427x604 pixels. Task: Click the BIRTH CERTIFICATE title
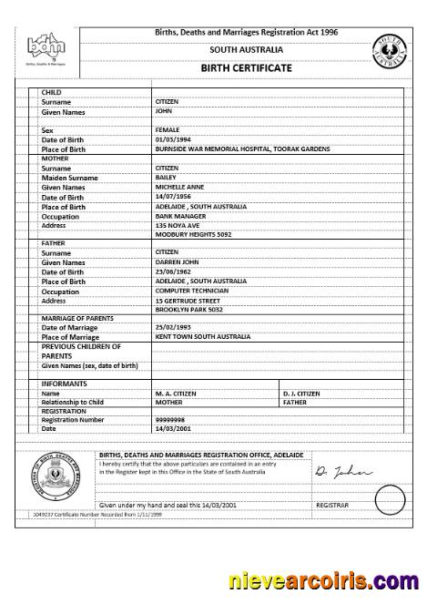click(x=246, y=67)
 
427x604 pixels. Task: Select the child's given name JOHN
click(x=164, y=111)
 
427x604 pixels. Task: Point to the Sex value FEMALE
click(x=168, y=130)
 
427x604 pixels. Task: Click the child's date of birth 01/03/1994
click(x=173, y=139)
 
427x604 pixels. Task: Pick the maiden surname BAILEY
click(x=167, y=177)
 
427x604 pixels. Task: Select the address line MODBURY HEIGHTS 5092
click(x=192, y=234)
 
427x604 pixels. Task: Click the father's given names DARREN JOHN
click(x=178, y=261)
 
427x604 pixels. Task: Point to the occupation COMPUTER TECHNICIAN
click(x=191, y=291)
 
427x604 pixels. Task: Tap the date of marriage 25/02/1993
click(x=173, y=326)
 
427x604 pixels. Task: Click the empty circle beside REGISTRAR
click(x=389, y=499)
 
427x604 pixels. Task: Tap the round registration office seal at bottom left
click(x=56, y=482)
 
